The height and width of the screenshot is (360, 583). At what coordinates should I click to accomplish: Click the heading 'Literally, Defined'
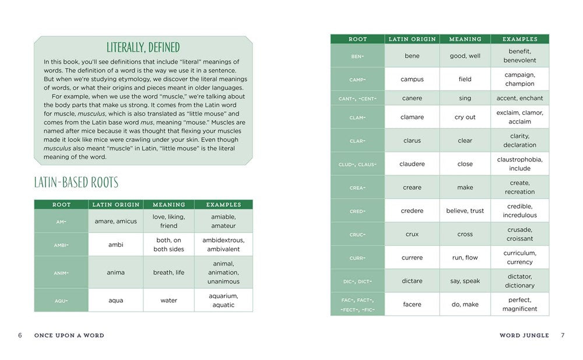[x=143, y=47]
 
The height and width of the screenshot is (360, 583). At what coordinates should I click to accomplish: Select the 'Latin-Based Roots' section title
[x=76, y=183]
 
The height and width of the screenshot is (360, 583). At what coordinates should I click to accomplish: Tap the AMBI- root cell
[x=61, y=244]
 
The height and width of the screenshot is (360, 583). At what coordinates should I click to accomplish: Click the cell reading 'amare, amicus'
[x=115, y=221]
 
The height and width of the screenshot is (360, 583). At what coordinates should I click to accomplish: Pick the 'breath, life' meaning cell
[x=168, y=272]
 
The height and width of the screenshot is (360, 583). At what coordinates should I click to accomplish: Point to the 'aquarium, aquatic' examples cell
[x=223, y=300]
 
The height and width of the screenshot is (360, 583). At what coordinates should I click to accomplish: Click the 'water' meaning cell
[x=168, y=300]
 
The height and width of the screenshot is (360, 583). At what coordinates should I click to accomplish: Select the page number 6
[x=20, y=335]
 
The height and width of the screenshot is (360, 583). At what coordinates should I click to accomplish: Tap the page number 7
[x=563, y=335]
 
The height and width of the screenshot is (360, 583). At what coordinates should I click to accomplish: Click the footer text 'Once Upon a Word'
[x=69, y=335]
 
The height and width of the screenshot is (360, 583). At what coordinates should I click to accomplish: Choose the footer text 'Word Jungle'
[x=524, y=335]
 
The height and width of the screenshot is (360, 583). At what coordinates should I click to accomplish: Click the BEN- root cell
[x=357, y=56]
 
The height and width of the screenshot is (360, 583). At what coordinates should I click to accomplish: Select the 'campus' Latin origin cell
[x=412, y=79]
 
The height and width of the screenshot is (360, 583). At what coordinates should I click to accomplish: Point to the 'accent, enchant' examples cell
[x=519, y=98]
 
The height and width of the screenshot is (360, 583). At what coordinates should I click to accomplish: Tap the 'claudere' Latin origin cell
[x=412, y=164]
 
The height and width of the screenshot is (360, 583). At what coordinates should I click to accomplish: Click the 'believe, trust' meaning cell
[x=465, y=211]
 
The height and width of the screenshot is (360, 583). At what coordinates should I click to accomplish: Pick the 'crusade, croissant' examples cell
[x=519, y=234]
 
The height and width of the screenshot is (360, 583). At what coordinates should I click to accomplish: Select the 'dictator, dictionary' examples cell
[x=519, y=281]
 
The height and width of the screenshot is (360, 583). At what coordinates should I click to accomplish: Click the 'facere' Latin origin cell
[x=412, y=304]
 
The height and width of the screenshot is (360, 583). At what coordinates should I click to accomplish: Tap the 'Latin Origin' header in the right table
[x=412, y=39]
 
